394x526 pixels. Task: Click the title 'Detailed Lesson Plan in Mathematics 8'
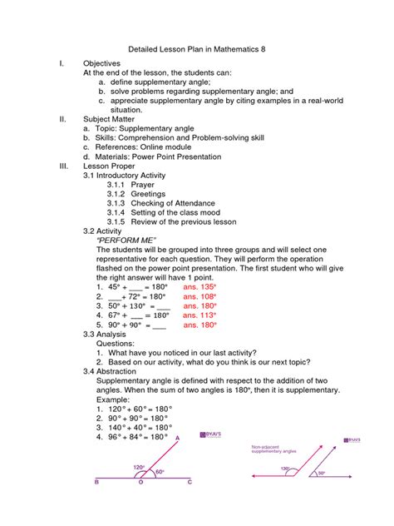pos(197,49)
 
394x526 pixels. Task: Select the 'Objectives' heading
pos(101,63)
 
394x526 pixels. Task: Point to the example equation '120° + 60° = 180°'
pos(134,409)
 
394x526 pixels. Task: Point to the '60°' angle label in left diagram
pos(160,472)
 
